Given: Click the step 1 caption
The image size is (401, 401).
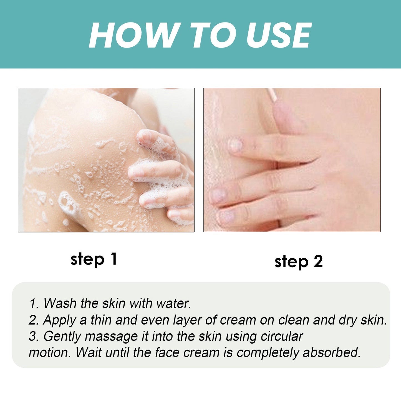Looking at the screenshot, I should pos(94,259).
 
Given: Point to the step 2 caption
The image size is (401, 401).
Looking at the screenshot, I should pos(299,262).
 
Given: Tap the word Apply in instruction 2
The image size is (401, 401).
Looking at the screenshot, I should pos(59,320).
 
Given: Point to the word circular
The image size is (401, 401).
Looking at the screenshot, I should pos(282,336).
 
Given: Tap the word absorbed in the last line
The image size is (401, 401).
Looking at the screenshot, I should pos(332,353).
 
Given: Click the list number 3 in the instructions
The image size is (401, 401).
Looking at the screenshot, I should pos(33,336).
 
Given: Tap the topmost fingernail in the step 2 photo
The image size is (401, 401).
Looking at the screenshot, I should pos(236,145).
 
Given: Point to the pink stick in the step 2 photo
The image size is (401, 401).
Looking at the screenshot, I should pos(272,96).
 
